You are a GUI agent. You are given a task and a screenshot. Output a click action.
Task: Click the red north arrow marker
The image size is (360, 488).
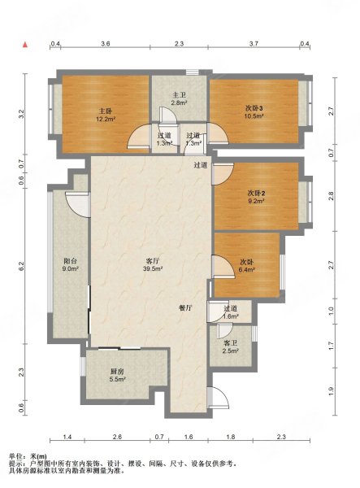(25, 45)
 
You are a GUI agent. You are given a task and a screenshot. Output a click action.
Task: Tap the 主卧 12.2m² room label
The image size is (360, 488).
(106, 114)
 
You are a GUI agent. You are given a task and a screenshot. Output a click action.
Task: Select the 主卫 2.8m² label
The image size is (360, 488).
(179, 98)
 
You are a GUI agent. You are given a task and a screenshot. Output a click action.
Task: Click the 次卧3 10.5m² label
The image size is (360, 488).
(254, 112)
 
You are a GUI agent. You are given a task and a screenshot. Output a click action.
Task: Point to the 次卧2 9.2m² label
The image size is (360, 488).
(256, 197)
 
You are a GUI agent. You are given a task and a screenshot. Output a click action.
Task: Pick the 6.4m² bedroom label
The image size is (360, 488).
(246, 266)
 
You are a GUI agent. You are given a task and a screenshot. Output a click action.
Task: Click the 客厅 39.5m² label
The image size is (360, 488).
(153, 265)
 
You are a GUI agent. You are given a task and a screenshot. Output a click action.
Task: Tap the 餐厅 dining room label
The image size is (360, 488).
(185, 308)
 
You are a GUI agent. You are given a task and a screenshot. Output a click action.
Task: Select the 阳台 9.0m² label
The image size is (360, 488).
(70, 264)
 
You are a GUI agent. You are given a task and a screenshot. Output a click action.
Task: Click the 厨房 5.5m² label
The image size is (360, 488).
(117, 375)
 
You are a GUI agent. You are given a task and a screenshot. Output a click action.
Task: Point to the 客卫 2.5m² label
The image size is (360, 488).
(230, 347)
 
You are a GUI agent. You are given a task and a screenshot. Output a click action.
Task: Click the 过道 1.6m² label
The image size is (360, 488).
(230, 312)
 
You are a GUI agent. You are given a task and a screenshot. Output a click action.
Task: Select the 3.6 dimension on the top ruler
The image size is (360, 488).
(106, 44)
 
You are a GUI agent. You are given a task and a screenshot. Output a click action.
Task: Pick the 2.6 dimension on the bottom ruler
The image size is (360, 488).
(117, 437)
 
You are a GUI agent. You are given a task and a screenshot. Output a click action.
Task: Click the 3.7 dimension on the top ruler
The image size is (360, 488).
(254, 44)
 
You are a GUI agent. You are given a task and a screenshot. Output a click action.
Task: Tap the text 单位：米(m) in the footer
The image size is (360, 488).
(28, 457)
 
